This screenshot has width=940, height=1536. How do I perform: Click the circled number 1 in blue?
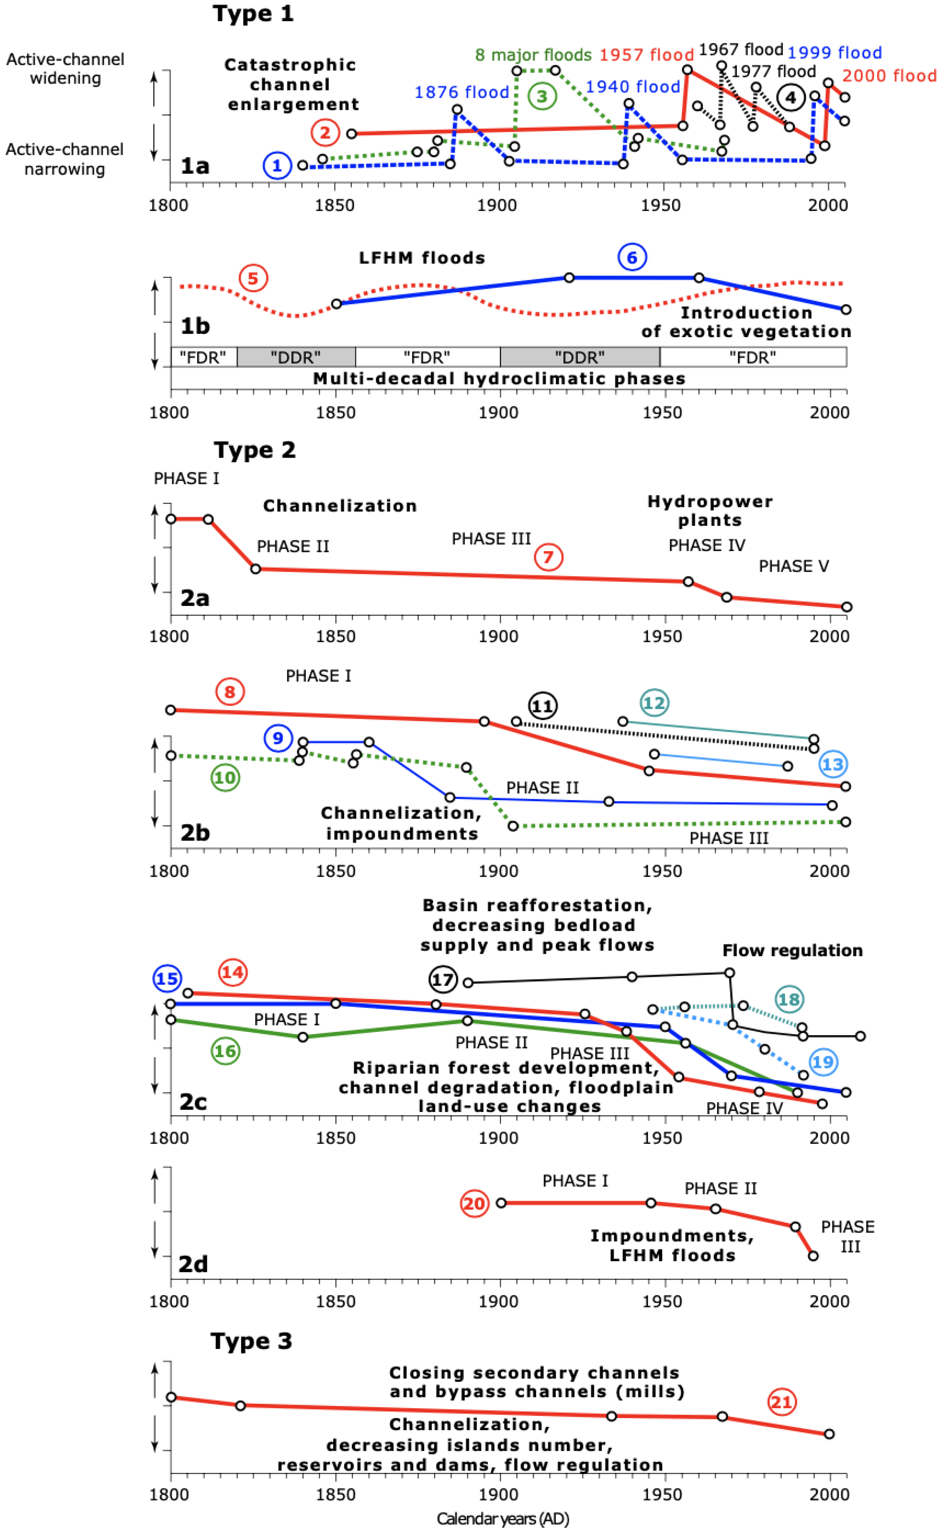point(277,166)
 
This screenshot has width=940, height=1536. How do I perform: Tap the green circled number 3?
point(542,96)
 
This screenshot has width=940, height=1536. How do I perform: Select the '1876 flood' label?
point(462,92)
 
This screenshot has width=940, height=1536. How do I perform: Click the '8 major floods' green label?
point(533,55)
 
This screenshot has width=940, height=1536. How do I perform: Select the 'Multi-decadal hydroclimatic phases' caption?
point(499,378)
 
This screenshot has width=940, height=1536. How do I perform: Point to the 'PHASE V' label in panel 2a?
point(793,566)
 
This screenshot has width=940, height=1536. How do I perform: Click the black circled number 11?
point(542,706)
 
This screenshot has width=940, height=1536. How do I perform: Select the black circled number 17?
point(443,980)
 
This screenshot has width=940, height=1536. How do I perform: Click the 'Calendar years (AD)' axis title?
point(503,1519)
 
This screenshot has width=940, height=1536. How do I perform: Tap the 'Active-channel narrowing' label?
point(65,159)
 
